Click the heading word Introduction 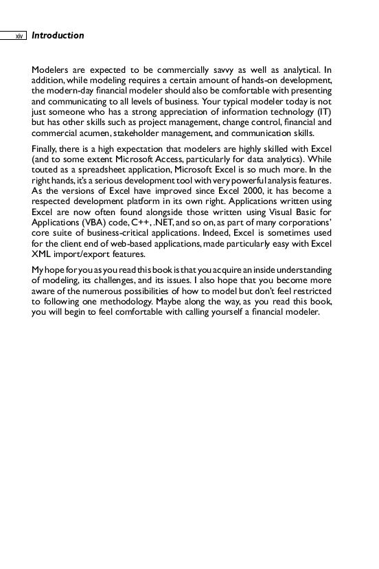tap(58, 35)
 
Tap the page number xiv tap(19, 36)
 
